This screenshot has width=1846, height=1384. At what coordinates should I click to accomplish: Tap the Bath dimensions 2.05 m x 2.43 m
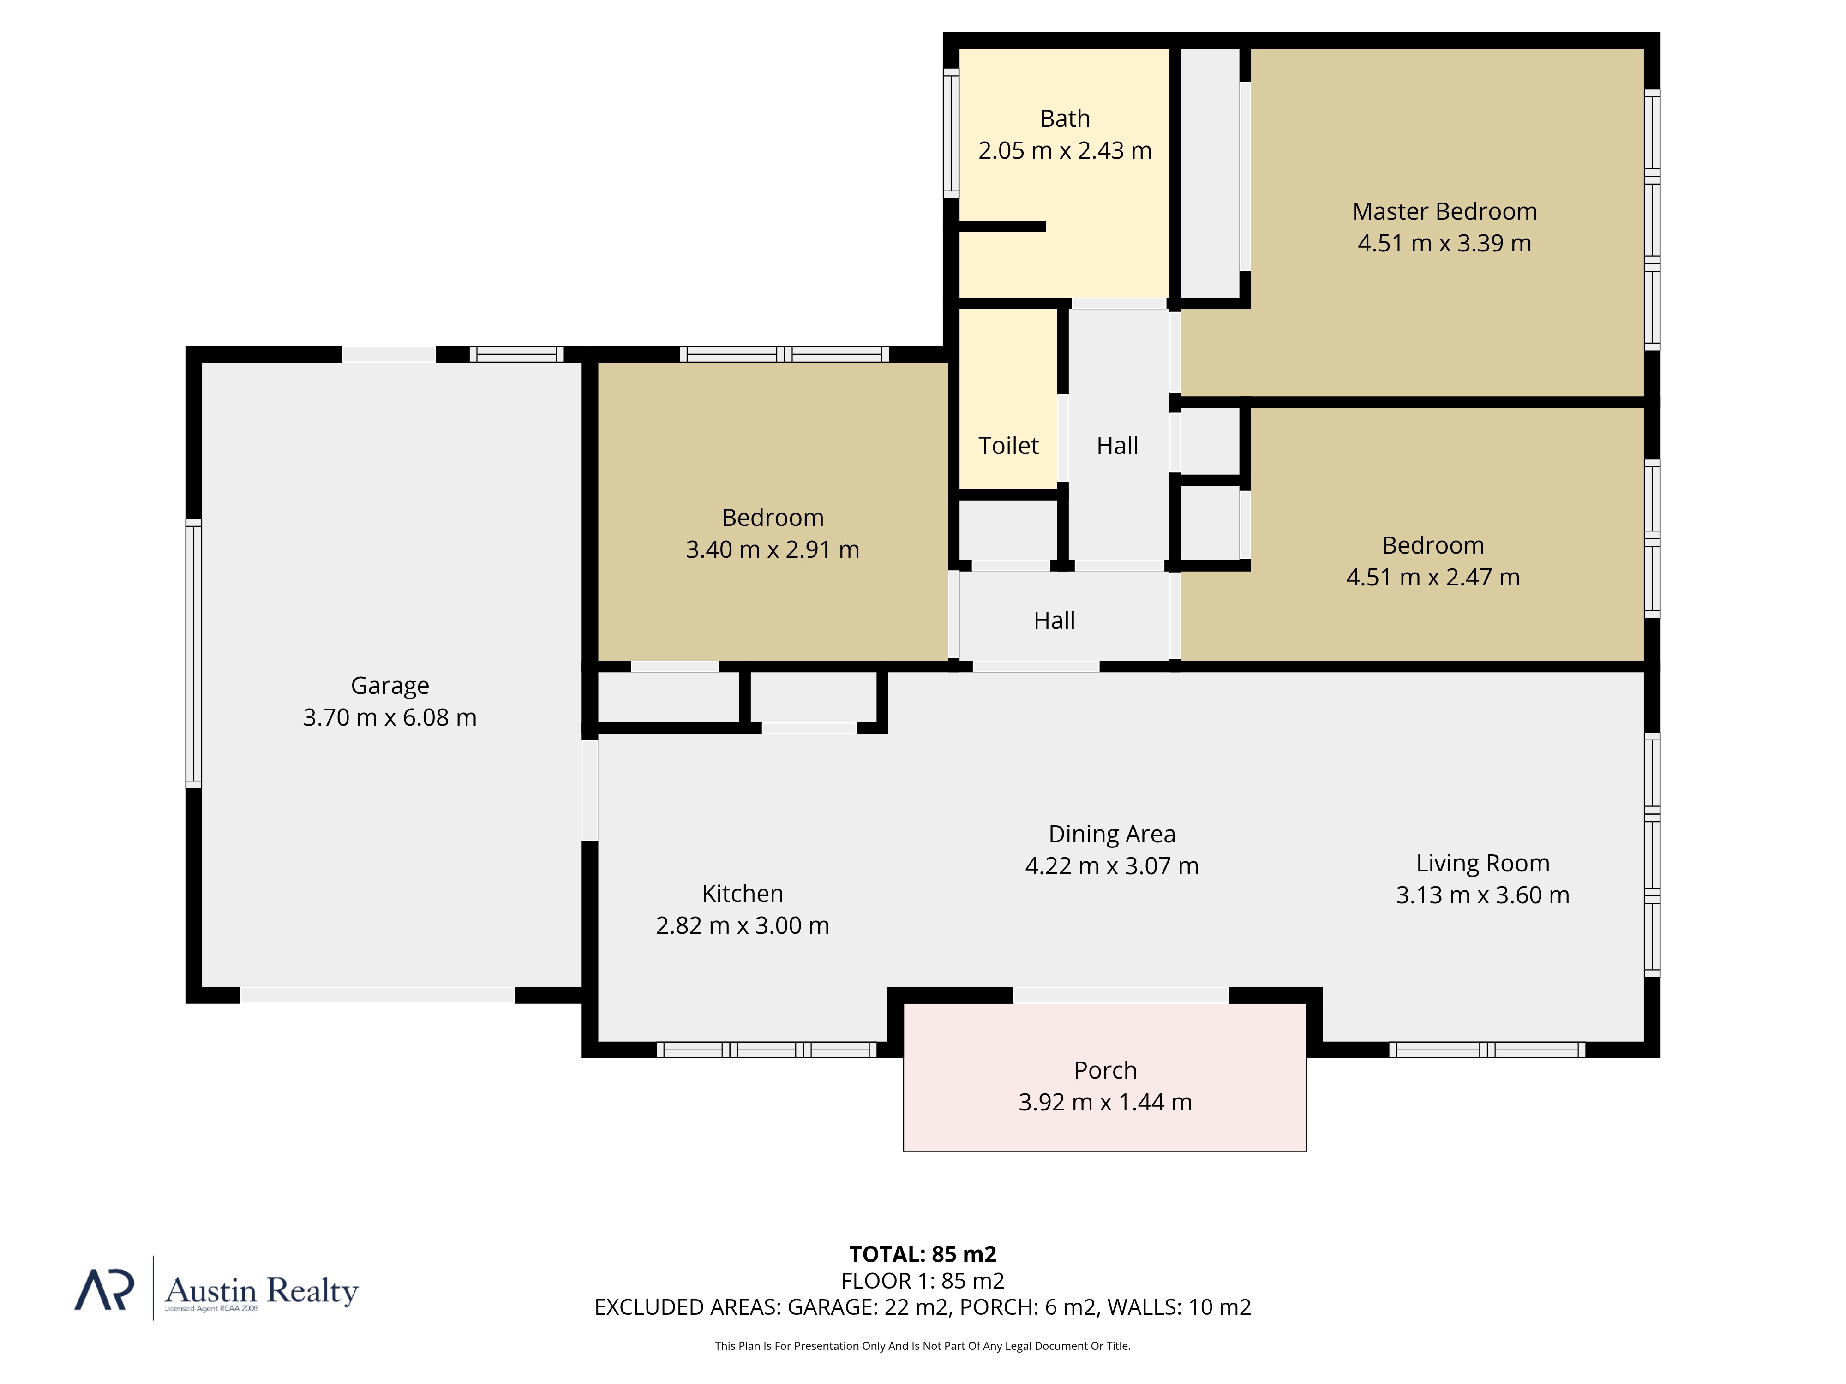pyautogui.click(x=1065, y=151)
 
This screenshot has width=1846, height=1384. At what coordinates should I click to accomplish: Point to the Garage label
pyautogui.click(x=390, y=686)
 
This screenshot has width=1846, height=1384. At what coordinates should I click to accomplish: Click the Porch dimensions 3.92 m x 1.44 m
pyautogui.click(x=1105, y=1102)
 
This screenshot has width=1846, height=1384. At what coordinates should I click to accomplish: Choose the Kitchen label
pyautogui.click(x=742, y=894)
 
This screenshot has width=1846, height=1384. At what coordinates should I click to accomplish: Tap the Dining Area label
pyautogui.click(x=1112, y=834)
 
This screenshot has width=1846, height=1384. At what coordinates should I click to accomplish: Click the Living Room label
pyautogui.click(x=1482, y=864)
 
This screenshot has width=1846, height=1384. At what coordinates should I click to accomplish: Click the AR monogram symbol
pyautogui.click(x=104, y=1290)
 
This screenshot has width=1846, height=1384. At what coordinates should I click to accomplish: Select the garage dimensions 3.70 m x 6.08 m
pyautogui.click(x=390, y=717)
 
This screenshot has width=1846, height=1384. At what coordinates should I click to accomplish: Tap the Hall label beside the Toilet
pyautogui.click(x=1117, y=446)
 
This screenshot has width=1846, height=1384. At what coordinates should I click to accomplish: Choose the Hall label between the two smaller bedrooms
pyautogui.click(x=1054, y=620)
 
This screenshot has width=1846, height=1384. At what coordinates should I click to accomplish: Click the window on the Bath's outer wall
pyautogui.click(x=951, y=133)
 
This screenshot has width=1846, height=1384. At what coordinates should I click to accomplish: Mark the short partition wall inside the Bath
pyautogui.click(x=1001, y=226)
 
